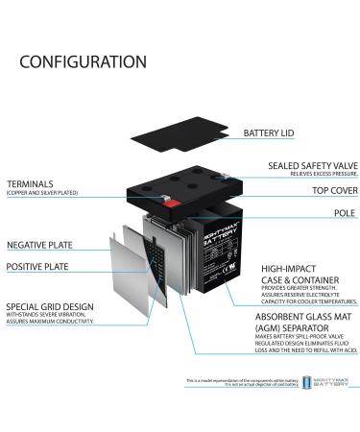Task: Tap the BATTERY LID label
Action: coord(275,132)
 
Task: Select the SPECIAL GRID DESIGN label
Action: coord(49,306)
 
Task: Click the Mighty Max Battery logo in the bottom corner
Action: coord(325,386)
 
